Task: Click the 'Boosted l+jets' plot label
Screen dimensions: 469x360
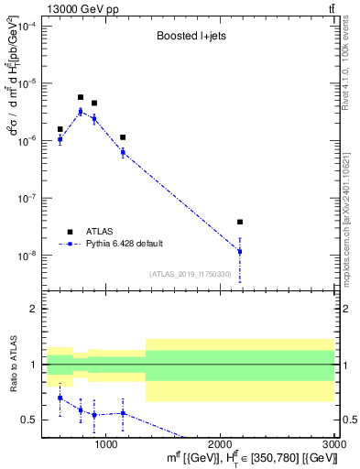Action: pos(189,37)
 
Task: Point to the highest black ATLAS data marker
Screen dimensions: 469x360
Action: pos(81,97)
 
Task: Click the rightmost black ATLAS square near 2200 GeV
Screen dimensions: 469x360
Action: pos(240,222)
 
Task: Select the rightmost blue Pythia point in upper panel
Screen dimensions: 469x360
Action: pos(240,251)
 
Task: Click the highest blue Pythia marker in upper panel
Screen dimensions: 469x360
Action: pos(81,112)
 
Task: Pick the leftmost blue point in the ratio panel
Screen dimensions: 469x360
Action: pos(60,398)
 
